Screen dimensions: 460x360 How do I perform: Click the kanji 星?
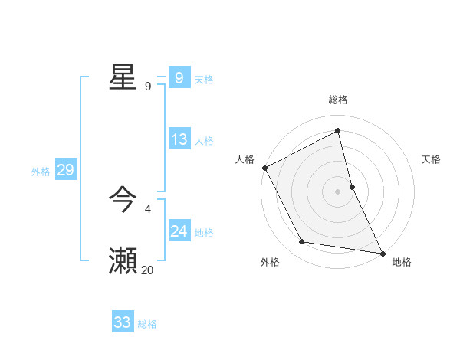(x=123, y=77)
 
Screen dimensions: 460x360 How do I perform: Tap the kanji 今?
(x=123, y=201)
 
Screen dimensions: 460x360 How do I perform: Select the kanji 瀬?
(x=123, y=261)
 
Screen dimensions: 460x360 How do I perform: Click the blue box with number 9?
(x=179, y=78)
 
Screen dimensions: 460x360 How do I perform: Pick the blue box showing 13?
(x=179, y=139)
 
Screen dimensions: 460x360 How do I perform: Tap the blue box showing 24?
(x=179, y=231)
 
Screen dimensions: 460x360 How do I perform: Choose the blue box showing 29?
(x=65, y=170)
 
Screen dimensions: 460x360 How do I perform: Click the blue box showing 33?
(x=122, y=322)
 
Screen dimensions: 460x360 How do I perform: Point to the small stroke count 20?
(x=147, y=270)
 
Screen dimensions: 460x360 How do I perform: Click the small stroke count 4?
(x=147, y=208)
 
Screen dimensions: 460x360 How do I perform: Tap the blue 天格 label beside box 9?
(x=204, y=80)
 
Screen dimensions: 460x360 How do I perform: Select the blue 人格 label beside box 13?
(x=204, y=141)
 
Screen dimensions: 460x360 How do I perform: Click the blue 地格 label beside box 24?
(x=204, y=233)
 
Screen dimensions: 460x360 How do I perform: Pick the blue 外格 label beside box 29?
(x=41, y=172)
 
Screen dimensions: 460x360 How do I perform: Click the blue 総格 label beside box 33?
(x=147, y=324)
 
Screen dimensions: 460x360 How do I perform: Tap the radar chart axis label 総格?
(x=338, y=100)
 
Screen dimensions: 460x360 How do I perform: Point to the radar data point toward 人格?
(x=264, y=168)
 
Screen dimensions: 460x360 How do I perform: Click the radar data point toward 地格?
(x=382, y=252)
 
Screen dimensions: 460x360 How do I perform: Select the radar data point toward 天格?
(x=352, y=187)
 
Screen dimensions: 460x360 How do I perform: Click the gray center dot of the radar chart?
(x=338, y=191)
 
